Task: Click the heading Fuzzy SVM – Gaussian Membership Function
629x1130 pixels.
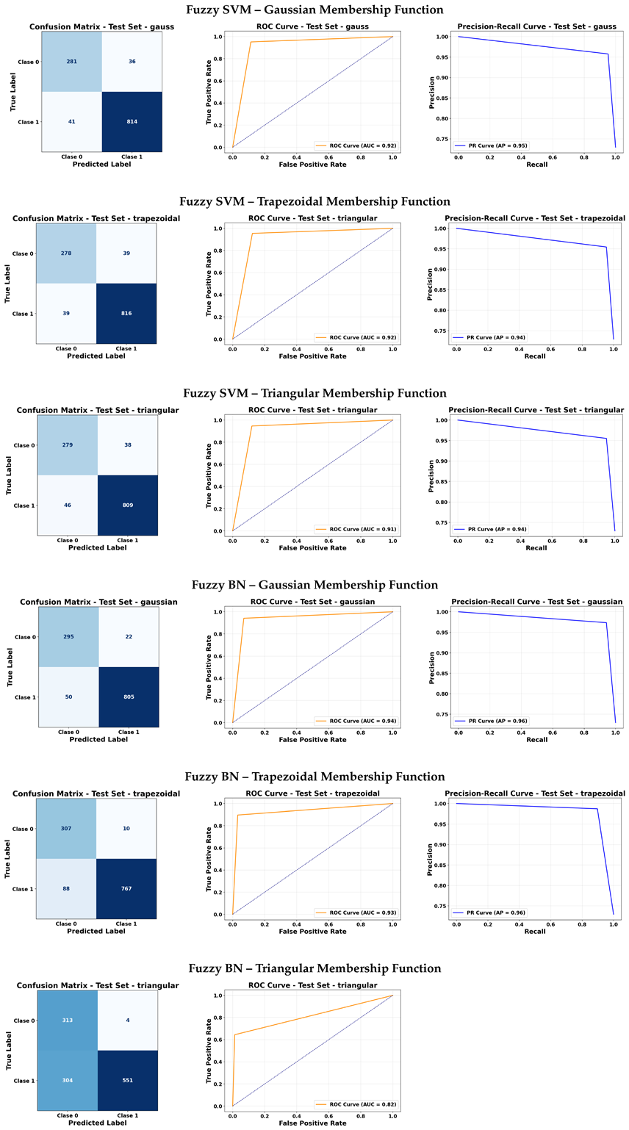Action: (314, 10)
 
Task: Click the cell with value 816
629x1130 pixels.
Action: (126, 314)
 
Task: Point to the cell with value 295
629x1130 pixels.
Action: (68, 637)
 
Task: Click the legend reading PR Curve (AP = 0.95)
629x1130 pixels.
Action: (491, 145)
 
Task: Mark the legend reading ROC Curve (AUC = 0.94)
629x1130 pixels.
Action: (355, 721)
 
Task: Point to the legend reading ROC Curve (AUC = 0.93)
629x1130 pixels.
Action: (355, 913)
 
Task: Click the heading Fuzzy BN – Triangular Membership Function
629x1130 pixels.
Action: (314, 968)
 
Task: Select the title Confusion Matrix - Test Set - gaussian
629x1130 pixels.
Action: (98, 602)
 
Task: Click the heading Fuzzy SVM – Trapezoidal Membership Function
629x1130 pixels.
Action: (314, 201)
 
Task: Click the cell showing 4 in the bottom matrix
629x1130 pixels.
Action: (128, 1021)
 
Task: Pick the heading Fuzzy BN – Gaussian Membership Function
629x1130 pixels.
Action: (314, 585)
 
